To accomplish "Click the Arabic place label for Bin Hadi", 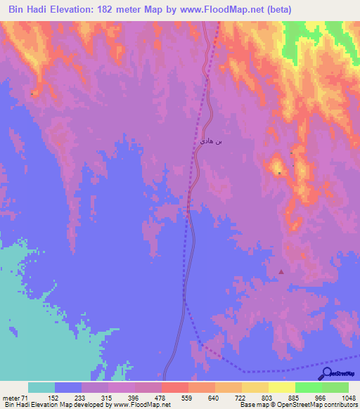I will tap(211, 141).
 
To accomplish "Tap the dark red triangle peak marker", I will tap(282, 271).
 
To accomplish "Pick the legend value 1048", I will tap(349, 398).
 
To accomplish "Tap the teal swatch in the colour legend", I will tap(41, 387).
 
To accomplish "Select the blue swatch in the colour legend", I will tap(68, 387).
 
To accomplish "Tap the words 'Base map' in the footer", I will tap(251, 405).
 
